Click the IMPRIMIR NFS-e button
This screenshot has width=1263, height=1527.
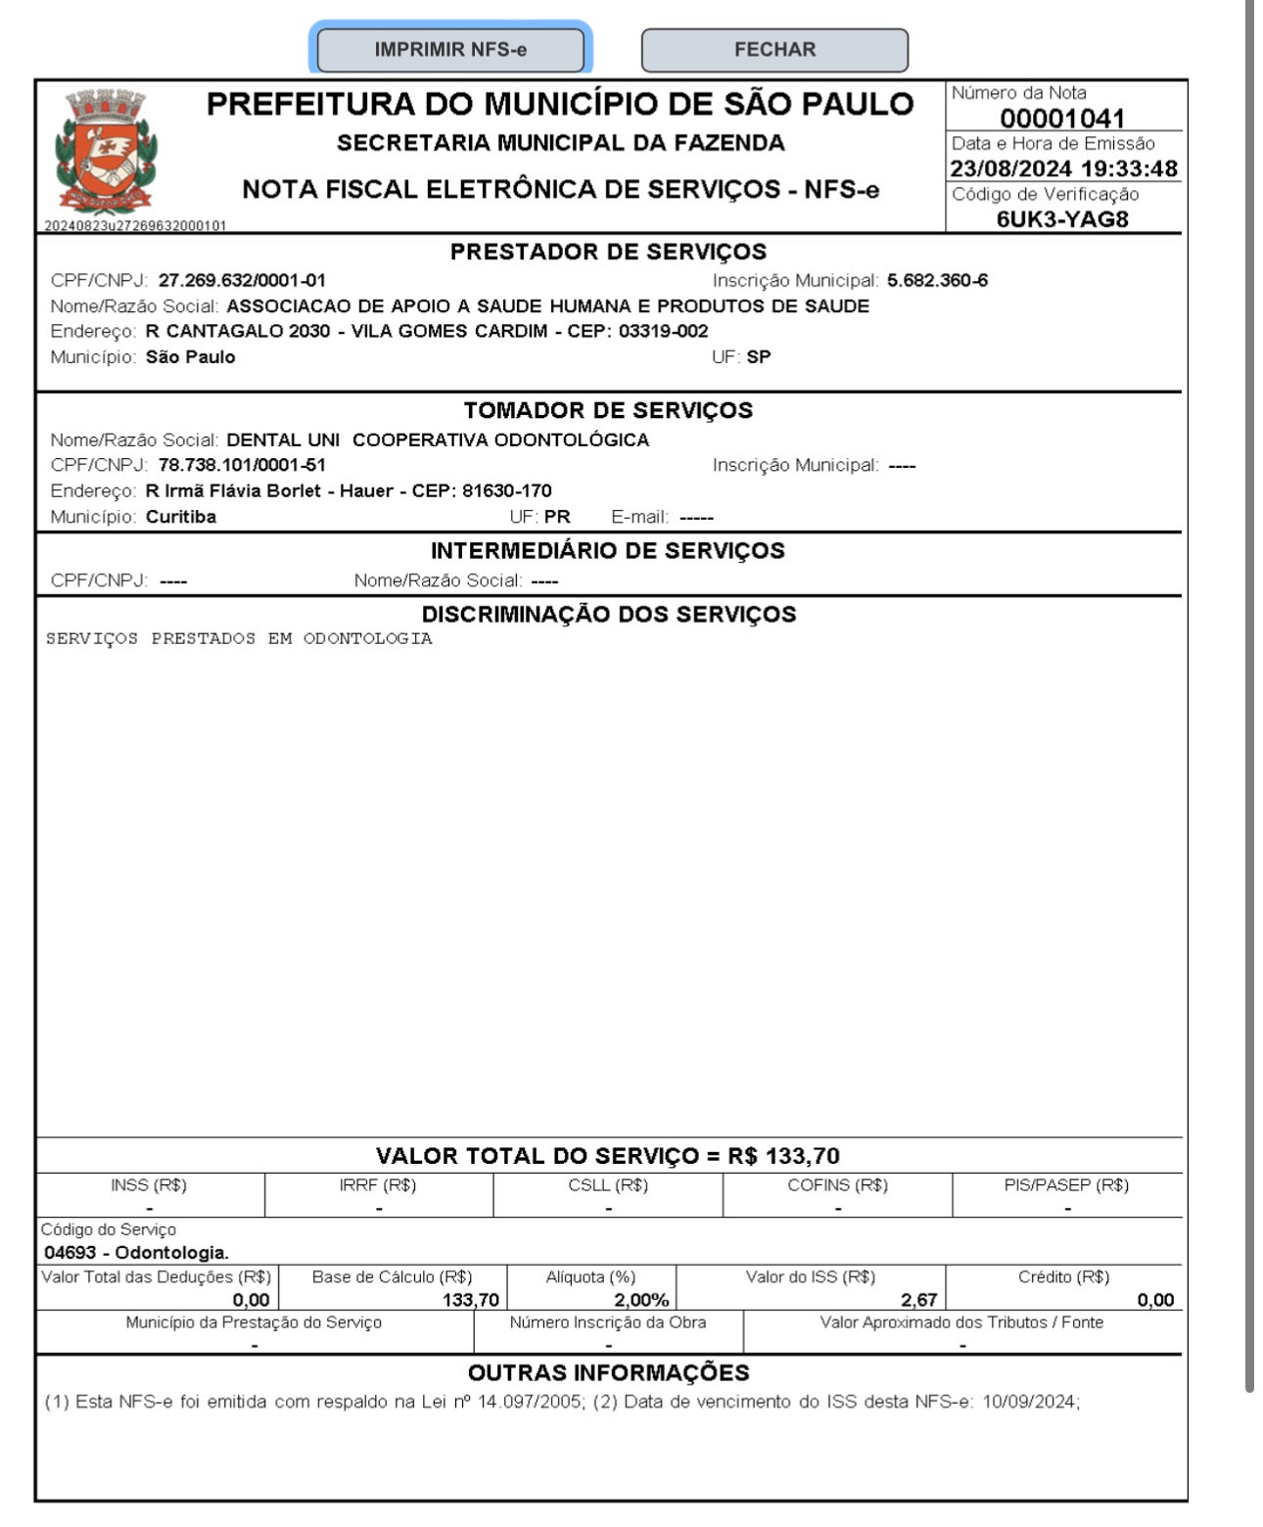click(450, 50)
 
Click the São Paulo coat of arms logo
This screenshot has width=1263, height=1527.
click(105, 152)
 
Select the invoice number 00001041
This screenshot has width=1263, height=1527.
click(1062, 118)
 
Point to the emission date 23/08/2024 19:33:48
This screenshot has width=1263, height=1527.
click(1063, 169)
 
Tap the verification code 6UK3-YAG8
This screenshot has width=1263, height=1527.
click(1062, 219)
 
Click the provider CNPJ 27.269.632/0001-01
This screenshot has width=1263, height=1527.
click(242, 281)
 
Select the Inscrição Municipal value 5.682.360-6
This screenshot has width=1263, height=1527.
click(937, 281)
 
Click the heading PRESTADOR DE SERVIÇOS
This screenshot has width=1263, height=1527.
click(608, 253)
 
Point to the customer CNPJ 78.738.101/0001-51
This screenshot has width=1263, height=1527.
click(242, 465)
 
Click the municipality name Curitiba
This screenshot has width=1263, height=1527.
click(181, 517)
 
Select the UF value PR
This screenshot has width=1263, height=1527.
click(557, 517)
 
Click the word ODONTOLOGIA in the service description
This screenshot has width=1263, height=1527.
click(367, 639)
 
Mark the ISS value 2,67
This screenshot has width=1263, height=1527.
click(918, 1300)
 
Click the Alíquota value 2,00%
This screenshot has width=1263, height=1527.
click(641, 1300)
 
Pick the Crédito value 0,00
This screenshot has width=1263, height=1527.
click(1155, 1300)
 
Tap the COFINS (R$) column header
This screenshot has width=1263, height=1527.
click(837, 1185)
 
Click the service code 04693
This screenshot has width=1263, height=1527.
click(70, 1253)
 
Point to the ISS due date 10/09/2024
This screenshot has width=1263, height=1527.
click(1029, 1402)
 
